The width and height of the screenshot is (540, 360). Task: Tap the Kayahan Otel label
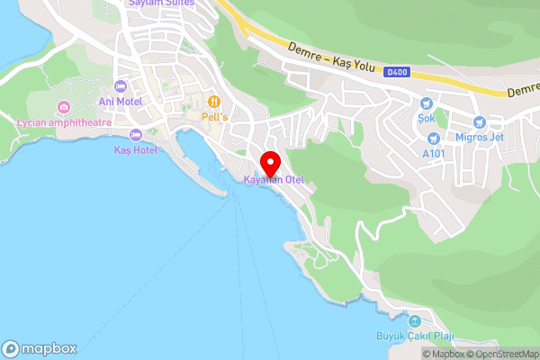tap(274, 180)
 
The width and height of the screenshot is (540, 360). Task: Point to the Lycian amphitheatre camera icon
tap(63, 108)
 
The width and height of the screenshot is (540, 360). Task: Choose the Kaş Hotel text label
tap(135, 150)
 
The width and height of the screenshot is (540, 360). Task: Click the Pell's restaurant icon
tap(214, 102)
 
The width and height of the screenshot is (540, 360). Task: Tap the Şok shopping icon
tap(426, 103)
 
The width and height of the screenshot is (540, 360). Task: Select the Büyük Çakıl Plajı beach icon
tap(414, 321)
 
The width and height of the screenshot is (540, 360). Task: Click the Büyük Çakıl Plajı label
tap(414, 337)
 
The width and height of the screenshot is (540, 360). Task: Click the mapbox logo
tap(39, 348)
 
